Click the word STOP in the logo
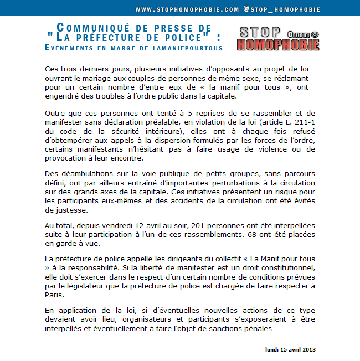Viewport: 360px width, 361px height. [259, 32]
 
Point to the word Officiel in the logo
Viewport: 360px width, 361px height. [299, 34]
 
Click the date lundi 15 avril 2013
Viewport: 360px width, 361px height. [290, 349]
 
